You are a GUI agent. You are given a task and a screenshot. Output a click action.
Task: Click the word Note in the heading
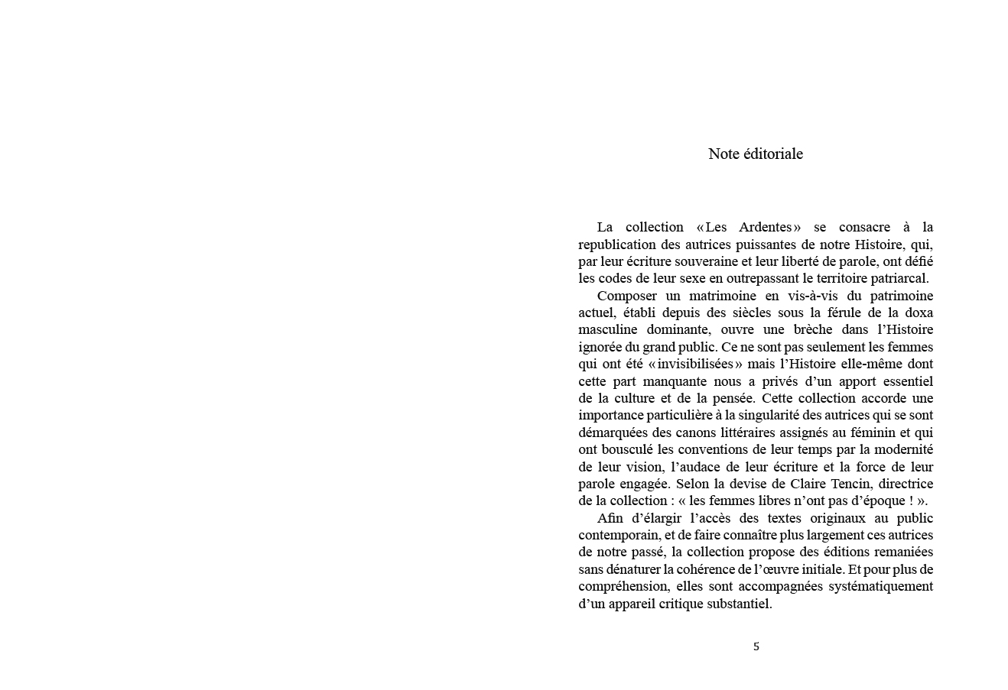723,154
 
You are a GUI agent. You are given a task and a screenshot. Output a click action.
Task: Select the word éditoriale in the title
773,154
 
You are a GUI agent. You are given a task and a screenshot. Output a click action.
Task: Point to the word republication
618,245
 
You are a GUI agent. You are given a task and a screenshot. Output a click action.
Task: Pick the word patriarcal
896,278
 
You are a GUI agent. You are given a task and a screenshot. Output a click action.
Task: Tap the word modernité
902,449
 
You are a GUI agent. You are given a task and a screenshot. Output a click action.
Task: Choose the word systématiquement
880,587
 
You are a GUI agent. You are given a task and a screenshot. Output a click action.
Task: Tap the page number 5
756,646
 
